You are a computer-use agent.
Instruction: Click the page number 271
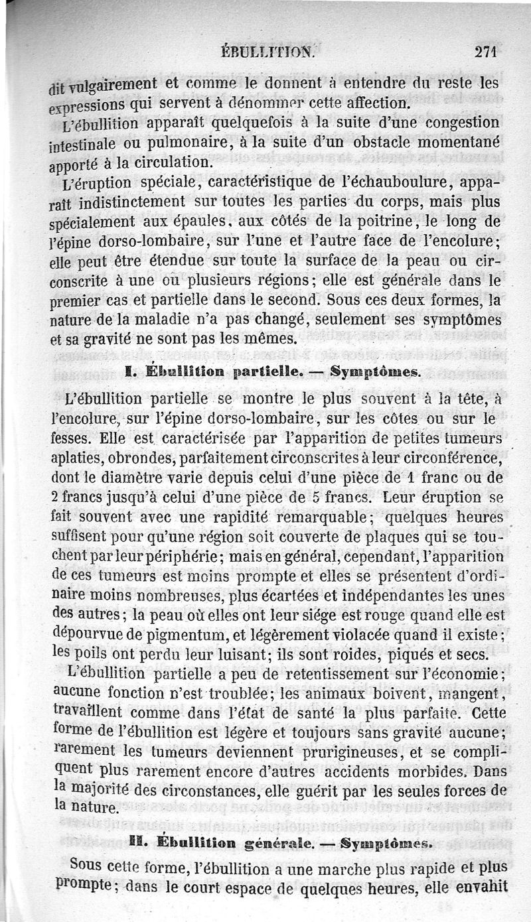[x=486, y=53]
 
